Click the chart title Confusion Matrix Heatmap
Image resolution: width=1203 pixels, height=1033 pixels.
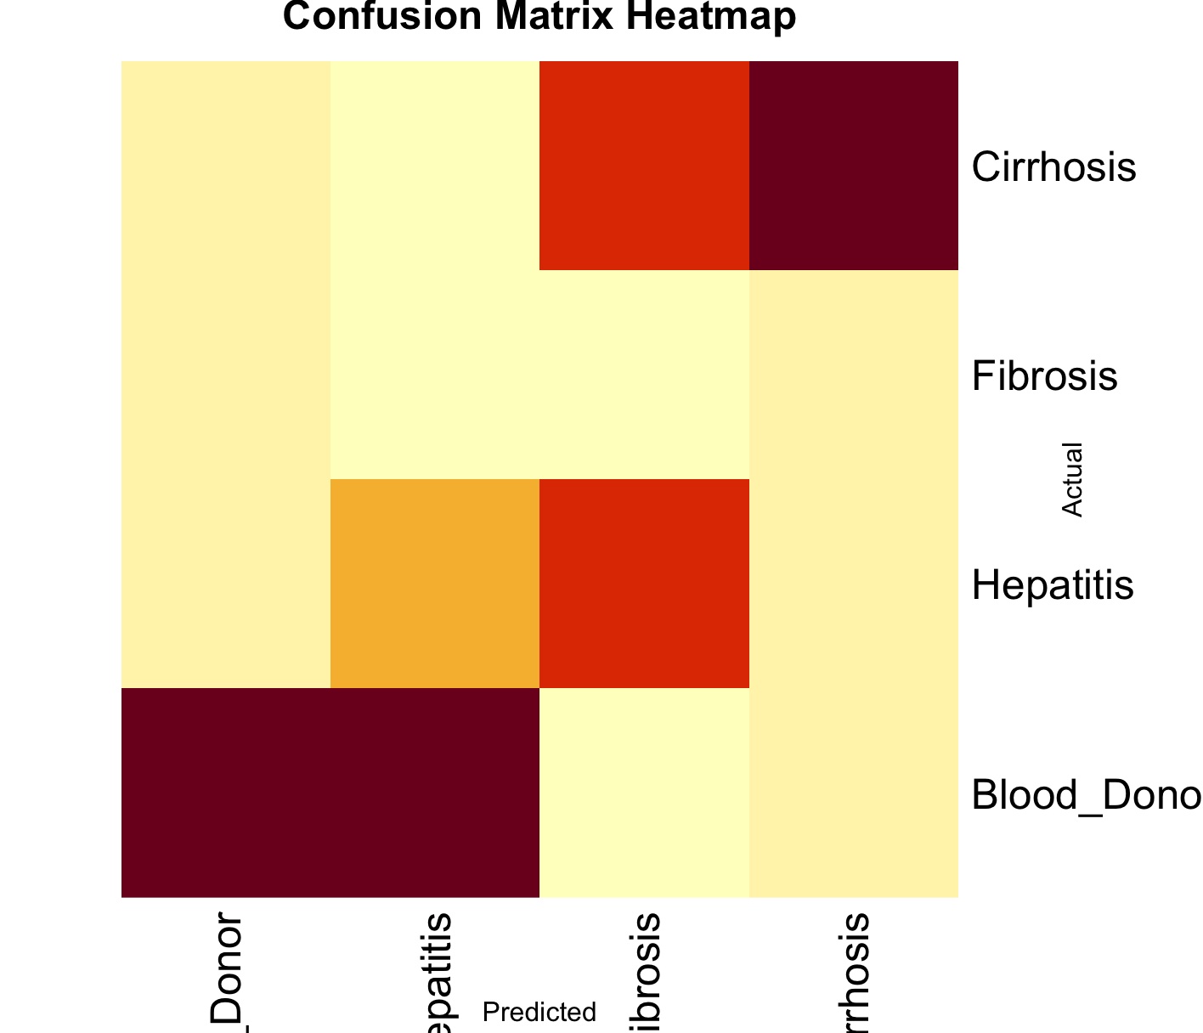[539, 17]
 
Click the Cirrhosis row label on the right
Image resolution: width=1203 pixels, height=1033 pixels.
[1053, 167]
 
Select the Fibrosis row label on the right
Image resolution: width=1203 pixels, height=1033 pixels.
[1044, 376]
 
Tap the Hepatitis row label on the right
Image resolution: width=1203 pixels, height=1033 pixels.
[1053, 585]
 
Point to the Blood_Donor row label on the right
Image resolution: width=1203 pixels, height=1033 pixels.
[1086, 795]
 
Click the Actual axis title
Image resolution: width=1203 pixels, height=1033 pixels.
[1072, 479]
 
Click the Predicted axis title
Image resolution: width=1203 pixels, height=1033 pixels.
[539, 1013]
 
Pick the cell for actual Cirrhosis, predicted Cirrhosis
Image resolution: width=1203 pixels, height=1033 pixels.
[854, 166]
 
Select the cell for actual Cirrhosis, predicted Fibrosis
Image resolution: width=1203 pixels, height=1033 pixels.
[644, 166]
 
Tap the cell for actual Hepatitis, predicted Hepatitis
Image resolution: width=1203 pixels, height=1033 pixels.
[435, 584]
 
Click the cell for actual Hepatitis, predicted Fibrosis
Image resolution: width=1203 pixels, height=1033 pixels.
[644, 584]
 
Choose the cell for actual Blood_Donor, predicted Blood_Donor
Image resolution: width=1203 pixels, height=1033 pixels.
[226, 793]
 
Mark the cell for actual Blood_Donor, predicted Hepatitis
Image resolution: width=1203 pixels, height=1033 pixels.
[435, 793]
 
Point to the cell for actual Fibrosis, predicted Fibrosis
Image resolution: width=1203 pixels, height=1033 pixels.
[644, 375]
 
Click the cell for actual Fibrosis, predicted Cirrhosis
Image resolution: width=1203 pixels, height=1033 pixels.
[854, 375]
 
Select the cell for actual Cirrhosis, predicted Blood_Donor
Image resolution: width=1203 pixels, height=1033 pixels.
[226, 166]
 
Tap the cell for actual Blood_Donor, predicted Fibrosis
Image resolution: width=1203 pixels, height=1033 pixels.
[644, 793]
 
